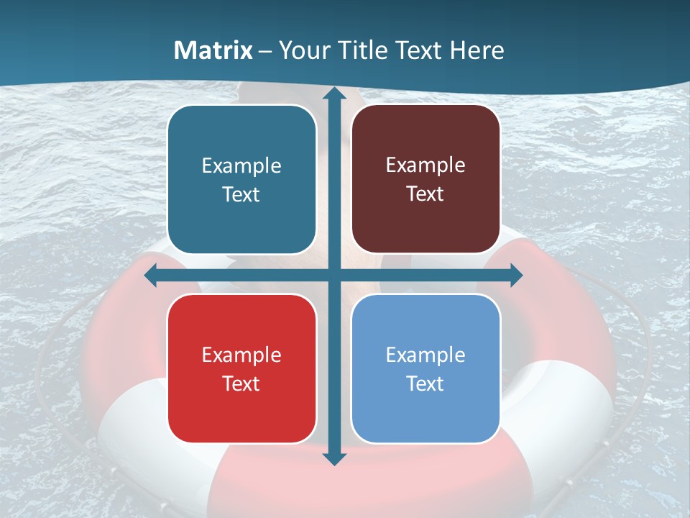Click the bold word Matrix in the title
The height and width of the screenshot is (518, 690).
click(213, 50)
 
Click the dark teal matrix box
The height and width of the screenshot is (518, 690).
click(241, 179)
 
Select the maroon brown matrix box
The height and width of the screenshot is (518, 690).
click(425, 179)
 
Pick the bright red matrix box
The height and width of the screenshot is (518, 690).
click(241, 368)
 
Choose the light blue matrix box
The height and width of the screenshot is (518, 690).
click(425, 368)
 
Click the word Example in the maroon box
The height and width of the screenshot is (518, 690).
click(425, 165)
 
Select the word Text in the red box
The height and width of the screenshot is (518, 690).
click(241, 383)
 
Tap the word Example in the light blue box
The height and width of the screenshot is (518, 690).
click(425, 355)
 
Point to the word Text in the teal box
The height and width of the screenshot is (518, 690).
click(241, 194)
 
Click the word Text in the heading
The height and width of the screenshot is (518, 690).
click(420, 50)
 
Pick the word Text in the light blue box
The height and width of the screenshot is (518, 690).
click(425, 383)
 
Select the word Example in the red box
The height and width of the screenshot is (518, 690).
click(241, 355)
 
